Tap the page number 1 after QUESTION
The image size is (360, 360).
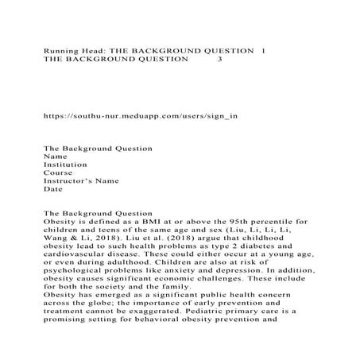264,50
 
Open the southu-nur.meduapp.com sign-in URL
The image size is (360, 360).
140,115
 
